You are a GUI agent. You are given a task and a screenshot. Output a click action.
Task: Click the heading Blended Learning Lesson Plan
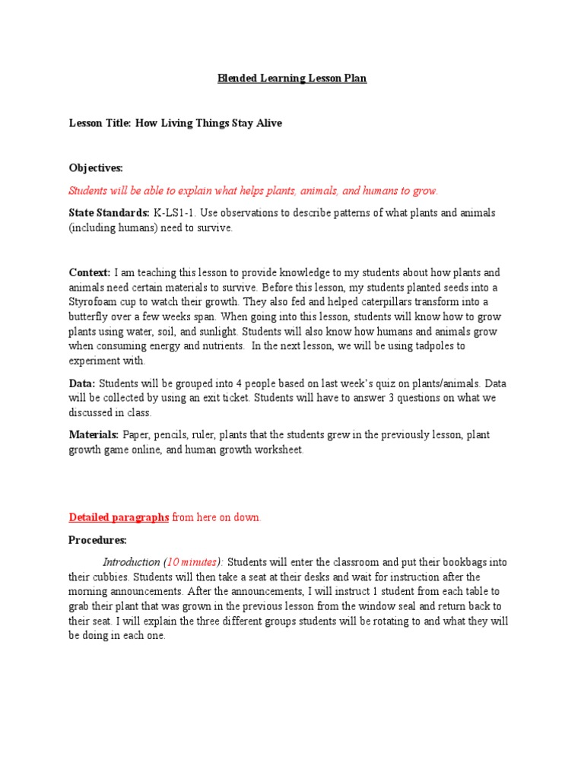(292, 78)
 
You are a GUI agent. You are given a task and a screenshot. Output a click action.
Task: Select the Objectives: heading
(96, 167)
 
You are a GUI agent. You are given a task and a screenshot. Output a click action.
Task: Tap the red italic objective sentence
(253, 190)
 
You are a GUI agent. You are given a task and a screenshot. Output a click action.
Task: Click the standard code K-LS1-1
(176, 213)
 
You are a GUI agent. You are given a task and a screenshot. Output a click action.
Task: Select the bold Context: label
(90, 272)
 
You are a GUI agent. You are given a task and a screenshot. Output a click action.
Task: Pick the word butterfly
(90, 316)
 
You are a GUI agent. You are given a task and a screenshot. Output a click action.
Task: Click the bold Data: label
(82, 383)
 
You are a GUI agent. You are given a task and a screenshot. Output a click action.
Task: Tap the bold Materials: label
(94, 434)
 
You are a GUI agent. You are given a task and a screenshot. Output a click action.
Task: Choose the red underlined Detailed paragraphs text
(119, 517)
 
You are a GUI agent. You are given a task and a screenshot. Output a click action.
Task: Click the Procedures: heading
(97, 540)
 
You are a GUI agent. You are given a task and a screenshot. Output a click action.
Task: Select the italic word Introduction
(132, 562)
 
